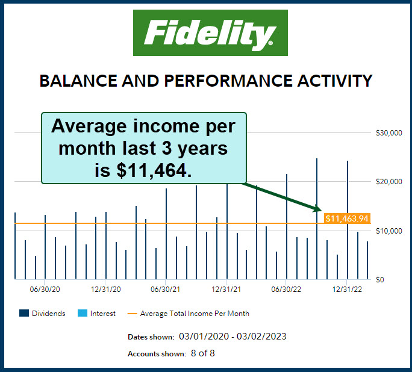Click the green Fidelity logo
point(210,33)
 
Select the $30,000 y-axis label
point(388,133)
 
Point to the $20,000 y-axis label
point(388,182)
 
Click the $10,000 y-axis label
point(388,231)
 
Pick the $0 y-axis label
point(380,280)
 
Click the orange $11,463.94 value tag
point(346,219)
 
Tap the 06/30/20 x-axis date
point(45,290)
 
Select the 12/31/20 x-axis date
point(105,290)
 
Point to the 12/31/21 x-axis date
point(226,290)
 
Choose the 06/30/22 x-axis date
point(286,290)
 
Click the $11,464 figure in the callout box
point(153,170)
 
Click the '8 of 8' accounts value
point(203,353)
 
